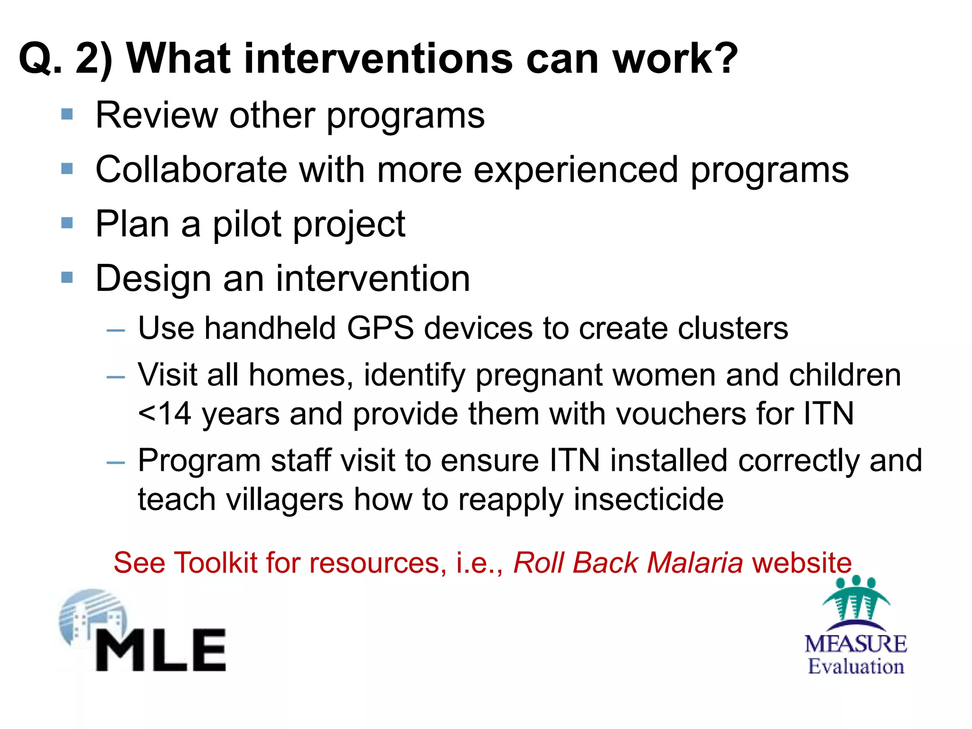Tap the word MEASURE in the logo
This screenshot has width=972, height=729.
click(x=856, y=644)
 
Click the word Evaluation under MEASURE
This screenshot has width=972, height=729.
click(x=856, y=666)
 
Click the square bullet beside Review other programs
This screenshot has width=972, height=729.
click(x=67, y=114)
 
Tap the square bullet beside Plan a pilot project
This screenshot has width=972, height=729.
click(x=67, y=223)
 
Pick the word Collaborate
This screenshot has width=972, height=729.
click(x=191, y=169)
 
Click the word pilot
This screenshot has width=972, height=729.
click(x=247, y=224)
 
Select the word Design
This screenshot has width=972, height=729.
click(x=153, y=279)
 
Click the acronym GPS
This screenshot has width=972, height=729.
click(x=380, y=328)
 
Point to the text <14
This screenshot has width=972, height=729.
click(x=164, y=414)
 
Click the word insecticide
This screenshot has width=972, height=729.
click(x=648, y=499)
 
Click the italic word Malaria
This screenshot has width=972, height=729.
click(x=695, y=563)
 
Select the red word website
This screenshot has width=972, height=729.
click(x=802, y=563)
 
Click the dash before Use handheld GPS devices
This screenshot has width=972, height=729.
click(x=116, y=330)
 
